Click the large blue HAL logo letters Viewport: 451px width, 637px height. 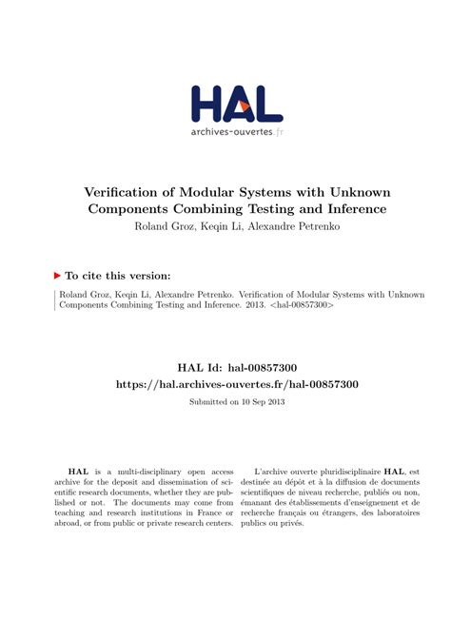[x=237, y=103]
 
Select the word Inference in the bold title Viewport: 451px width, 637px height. [x=350, y=209]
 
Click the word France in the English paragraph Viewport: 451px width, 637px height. [x=190, y=510]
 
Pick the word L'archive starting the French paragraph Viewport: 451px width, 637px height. [x=275, y=471]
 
